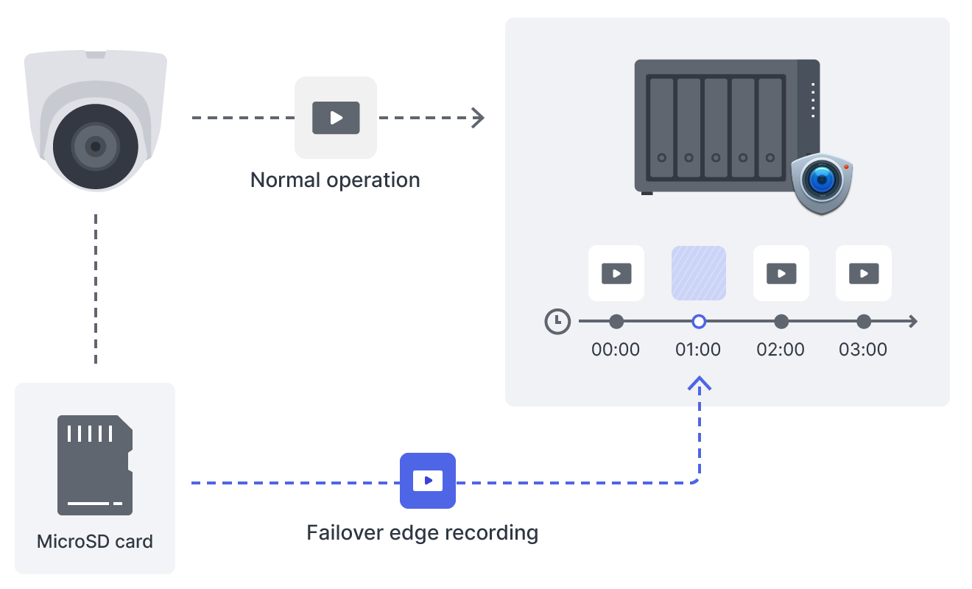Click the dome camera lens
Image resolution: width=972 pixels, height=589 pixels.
[95, 147]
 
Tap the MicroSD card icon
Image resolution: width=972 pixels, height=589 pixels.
[95, 465]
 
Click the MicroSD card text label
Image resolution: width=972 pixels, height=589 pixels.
[95, 542]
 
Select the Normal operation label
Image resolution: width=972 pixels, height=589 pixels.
[335, 180]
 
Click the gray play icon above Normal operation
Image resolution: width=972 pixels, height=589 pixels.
[336, 118]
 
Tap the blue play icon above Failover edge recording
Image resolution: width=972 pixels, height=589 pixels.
[428, 481]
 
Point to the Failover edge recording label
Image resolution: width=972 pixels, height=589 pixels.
[422, 532]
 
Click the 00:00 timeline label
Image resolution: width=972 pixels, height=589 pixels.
[616, 349]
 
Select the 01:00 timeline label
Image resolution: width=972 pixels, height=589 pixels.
[699, 349]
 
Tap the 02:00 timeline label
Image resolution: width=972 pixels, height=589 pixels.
[781, 349]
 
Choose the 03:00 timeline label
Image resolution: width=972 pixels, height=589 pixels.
[864, 349]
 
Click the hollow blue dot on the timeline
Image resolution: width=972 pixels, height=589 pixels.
[699, 322]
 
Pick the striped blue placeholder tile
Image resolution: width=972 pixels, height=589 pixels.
[699, 273]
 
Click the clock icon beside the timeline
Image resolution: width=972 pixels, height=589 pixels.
[557, 322]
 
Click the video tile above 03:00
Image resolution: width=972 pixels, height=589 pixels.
[864, 273]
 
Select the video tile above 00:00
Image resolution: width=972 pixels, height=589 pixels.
[616, 273]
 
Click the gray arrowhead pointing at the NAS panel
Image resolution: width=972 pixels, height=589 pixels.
[479, 118]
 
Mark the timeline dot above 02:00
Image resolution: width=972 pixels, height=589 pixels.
[781, 322]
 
